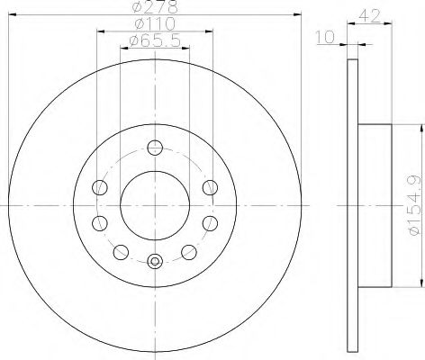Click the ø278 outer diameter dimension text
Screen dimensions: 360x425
coord(154,7)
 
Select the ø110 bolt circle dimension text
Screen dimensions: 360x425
coord(154,22)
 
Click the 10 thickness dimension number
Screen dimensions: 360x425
coord(326,38)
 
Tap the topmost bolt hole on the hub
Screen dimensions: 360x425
coord(154,148)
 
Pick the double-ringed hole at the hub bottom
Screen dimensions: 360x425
coord(154,262)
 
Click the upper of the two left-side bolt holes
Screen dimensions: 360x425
coord(100,186)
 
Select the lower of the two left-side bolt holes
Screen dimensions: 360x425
coord(100,222)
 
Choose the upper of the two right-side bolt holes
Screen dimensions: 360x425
coord(209,186)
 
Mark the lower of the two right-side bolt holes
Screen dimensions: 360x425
coord(209,222)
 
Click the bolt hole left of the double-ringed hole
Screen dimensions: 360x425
coord(120,252)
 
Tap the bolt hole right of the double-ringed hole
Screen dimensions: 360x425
coord(189,252)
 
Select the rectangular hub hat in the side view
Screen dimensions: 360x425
coord(376,205)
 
